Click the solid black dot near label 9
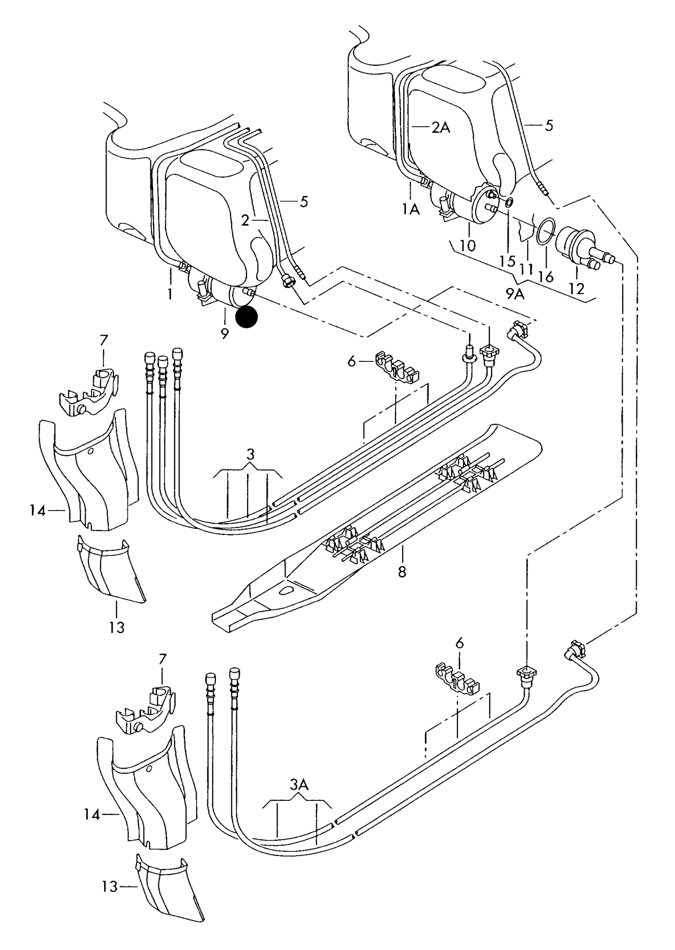tap(246, 317)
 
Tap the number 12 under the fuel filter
tap(576, 288)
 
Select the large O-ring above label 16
tap(545, 231)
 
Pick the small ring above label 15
tap(509, 202)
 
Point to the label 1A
tap(411, 210)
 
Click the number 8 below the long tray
tap(402, 571)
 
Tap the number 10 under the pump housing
tap(468, 245)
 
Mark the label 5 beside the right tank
tap(549, 125)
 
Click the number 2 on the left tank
tap(245, 221)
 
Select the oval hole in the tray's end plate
tap(284, 591)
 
